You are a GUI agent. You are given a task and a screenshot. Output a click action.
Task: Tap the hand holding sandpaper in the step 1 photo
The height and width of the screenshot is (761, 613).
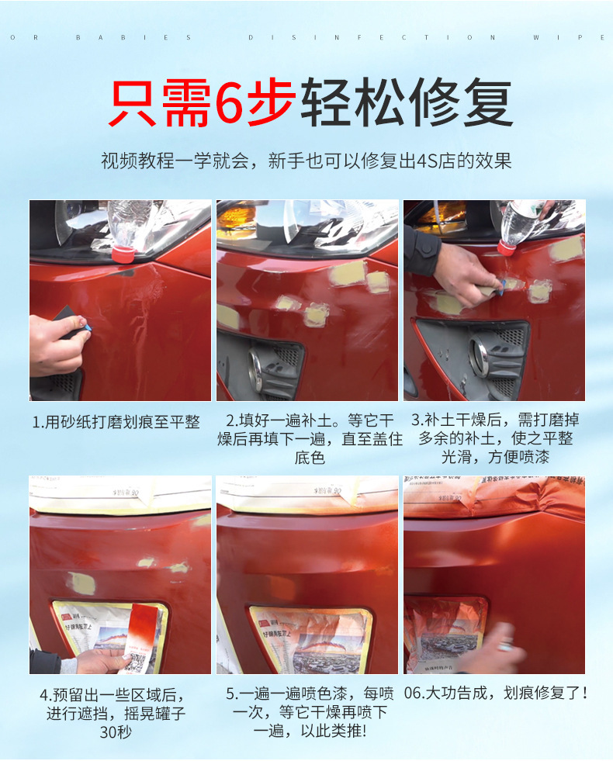click(58, 341)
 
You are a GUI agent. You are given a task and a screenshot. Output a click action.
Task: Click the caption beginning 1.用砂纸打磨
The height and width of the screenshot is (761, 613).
click(116, 422)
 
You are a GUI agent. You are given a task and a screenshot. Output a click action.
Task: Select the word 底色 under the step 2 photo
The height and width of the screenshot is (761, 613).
click(309, 458)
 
